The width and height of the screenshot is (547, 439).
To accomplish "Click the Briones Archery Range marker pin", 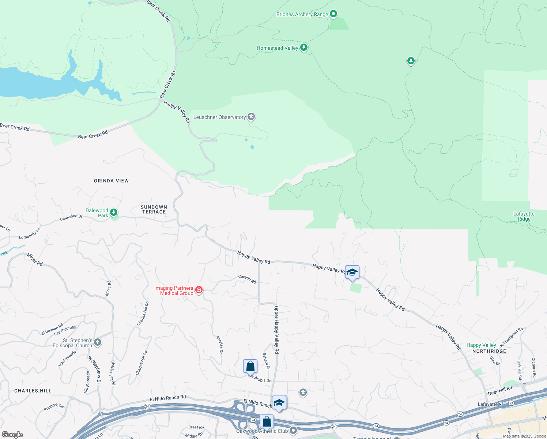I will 333,14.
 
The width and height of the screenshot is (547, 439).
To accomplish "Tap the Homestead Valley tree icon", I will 303,48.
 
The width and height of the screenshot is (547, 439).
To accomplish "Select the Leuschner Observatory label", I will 219,117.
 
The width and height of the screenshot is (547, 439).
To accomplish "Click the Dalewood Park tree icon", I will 114,212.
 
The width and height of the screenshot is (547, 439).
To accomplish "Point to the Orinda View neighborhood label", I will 111,181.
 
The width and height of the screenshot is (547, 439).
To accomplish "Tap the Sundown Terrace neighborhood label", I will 154,209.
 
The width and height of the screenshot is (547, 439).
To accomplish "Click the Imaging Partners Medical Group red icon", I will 199,290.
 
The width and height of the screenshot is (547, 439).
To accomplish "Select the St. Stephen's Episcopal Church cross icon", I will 97,342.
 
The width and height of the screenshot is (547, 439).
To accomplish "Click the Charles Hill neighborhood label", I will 33,391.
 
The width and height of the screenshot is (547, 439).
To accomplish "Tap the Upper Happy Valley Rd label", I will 276,329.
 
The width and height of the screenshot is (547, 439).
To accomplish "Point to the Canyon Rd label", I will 247,279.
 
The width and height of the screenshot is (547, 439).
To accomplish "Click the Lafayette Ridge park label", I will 524,216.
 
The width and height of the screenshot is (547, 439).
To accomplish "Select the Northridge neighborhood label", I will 489,351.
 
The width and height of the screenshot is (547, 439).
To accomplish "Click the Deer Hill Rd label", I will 500,391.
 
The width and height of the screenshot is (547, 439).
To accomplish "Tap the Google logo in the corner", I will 12,434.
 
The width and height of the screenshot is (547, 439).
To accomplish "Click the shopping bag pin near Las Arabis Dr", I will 250,366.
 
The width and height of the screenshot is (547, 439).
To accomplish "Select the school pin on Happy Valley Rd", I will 352,273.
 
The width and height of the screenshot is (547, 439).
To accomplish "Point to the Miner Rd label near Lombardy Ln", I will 35,259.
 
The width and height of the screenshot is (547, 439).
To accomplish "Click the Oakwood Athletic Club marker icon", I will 293,431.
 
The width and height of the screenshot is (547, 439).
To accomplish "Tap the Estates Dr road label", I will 220,345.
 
